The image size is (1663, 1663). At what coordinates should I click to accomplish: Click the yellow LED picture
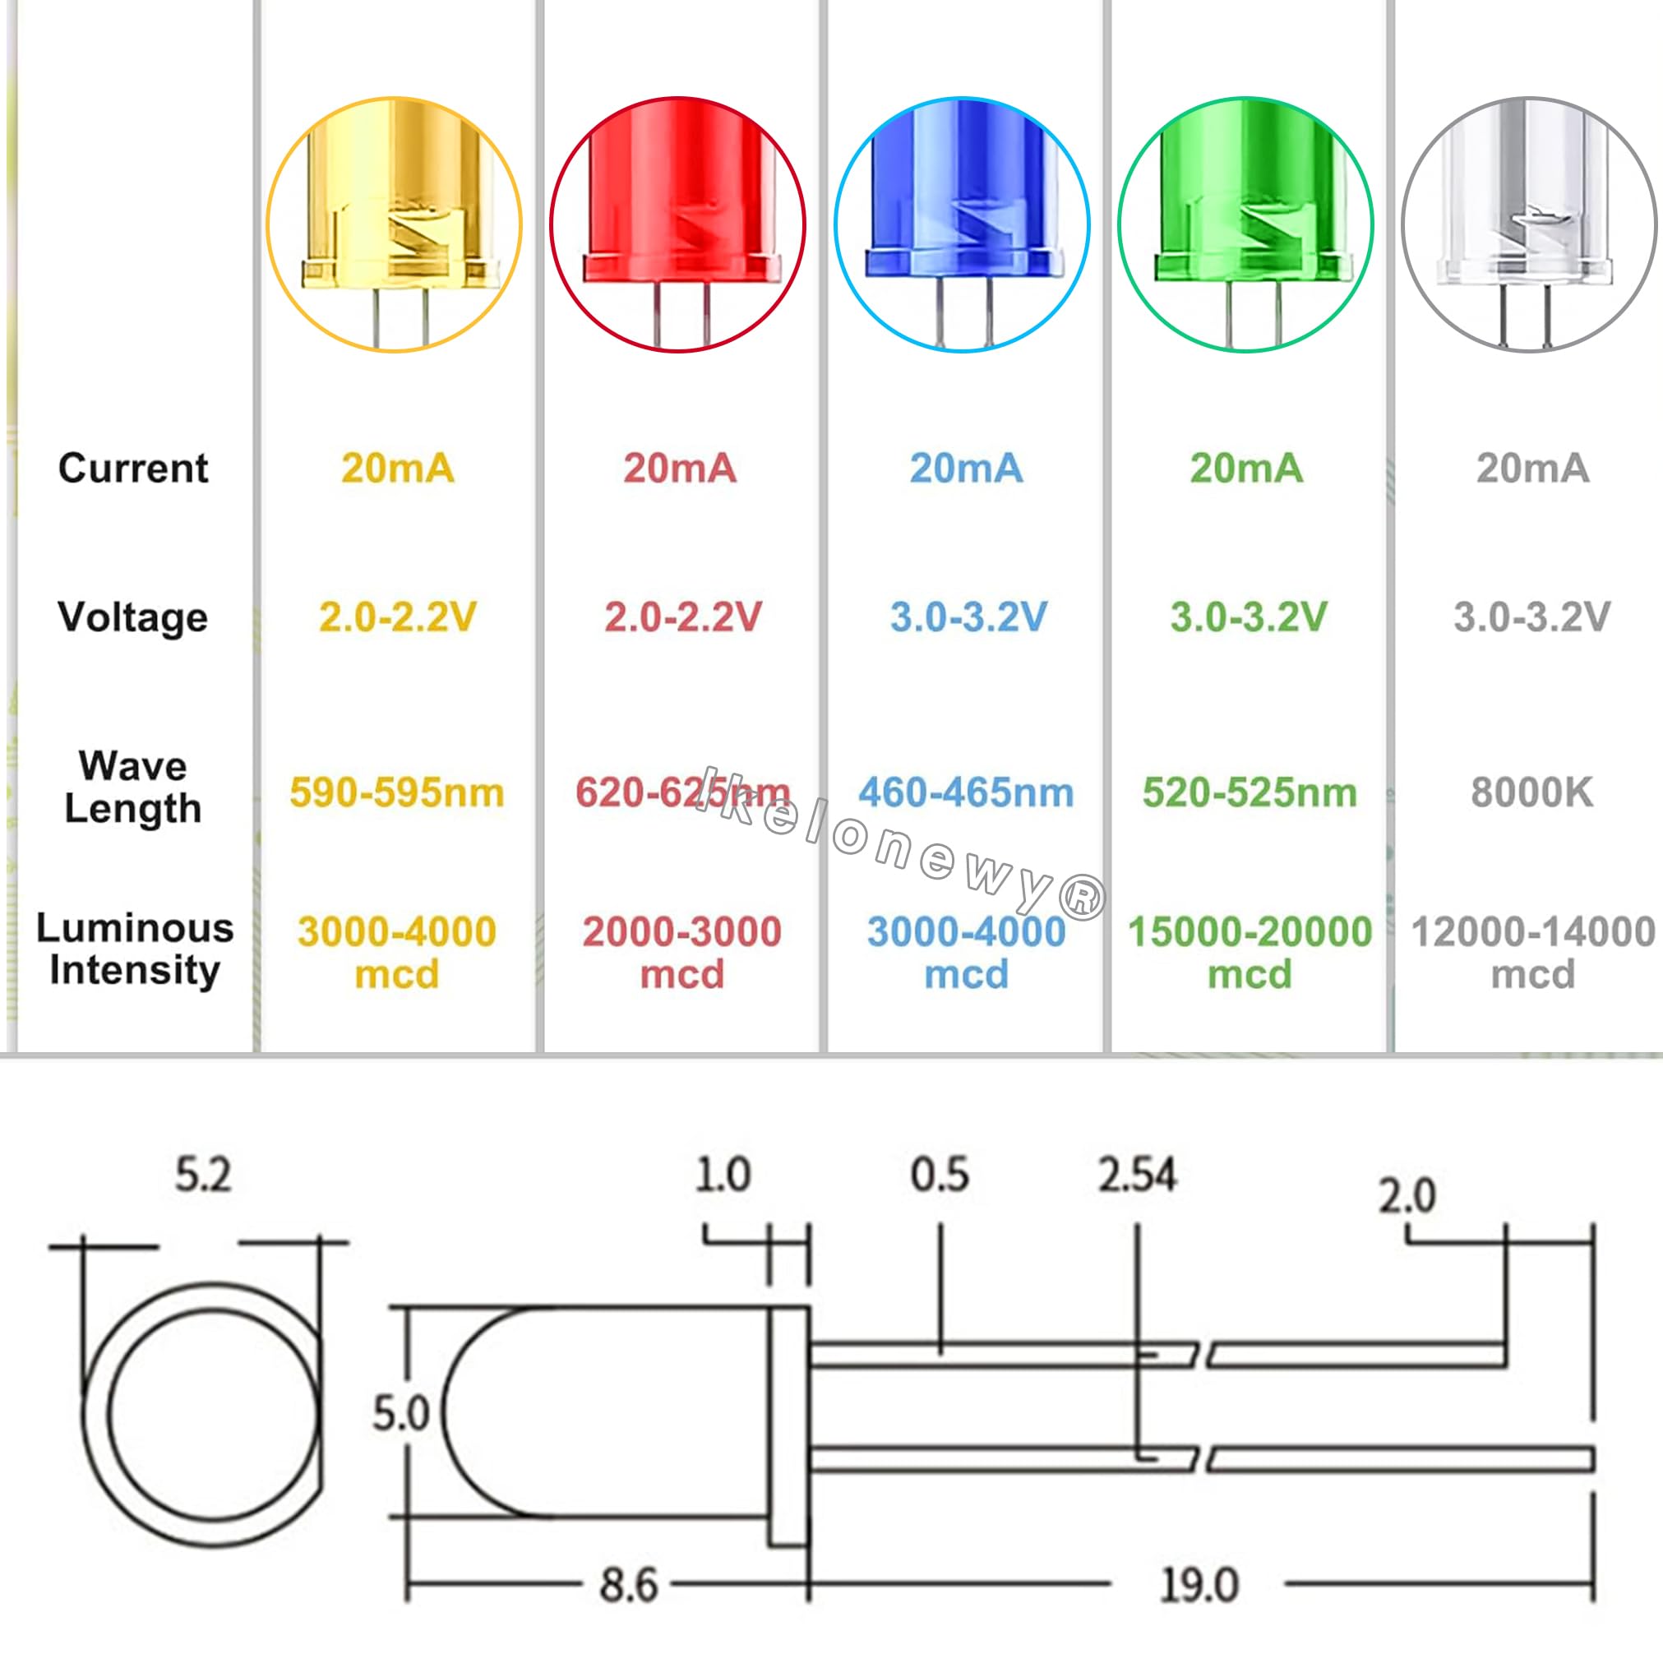[395, 224]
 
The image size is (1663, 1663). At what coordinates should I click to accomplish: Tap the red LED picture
[678, 224]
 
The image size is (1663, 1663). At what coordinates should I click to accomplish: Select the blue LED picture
[963, 224]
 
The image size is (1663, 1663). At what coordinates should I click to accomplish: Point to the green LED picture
[1245, 224]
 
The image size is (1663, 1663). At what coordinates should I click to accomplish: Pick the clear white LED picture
[1530, 224]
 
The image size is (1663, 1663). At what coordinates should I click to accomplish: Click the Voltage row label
[132, 617]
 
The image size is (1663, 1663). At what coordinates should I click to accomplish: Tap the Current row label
[132, 469]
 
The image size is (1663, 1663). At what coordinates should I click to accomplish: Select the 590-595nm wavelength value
[397, 792]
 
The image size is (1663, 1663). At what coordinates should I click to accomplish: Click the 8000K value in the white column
[1532, 792]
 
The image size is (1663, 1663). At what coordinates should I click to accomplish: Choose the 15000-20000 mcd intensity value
[1250, 952]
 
